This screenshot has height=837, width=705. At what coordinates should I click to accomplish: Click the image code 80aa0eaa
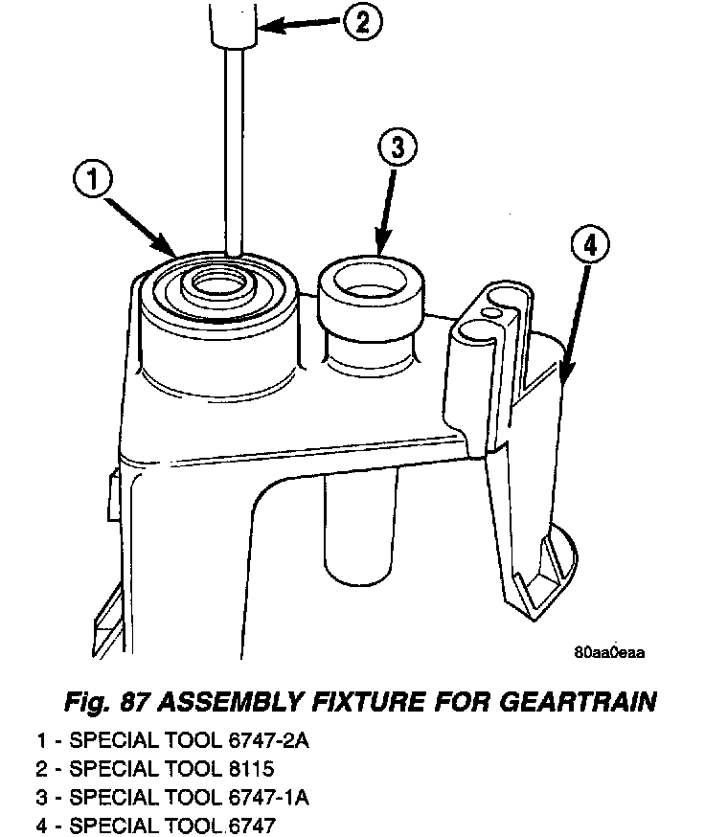pyautogui.click(x=609, y=653)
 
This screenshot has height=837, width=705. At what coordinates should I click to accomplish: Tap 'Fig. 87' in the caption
pyautogui.click(x=104, y=703)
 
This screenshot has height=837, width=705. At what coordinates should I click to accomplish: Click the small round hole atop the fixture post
pyautogui.click(x=492, y=312)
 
